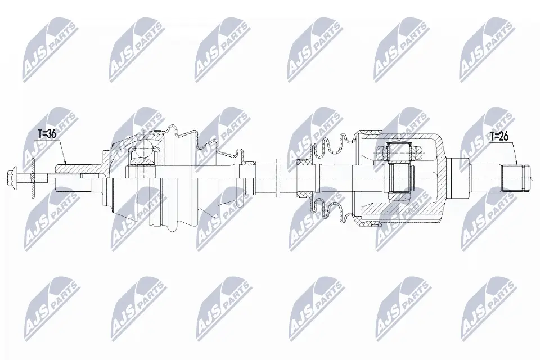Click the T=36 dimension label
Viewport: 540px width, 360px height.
47,134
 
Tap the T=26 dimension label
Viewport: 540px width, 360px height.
499,137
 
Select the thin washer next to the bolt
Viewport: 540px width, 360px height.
33,178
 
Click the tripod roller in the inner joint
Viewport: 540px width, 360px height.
399,150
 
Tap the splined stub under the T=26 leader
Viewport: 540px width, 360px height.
514,178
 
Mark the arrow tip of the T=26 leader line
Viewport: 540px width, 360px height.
517,164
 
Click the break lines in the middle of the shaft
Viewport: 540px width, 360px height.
278,178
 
